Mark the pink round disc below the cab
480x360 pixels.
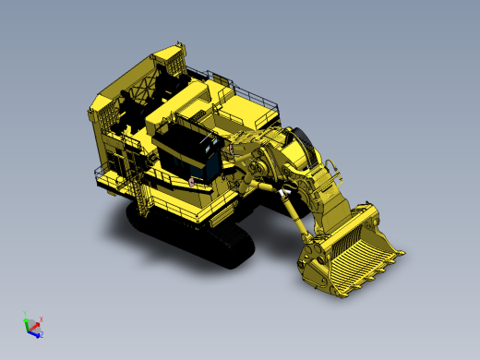(x=191, y=181)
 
